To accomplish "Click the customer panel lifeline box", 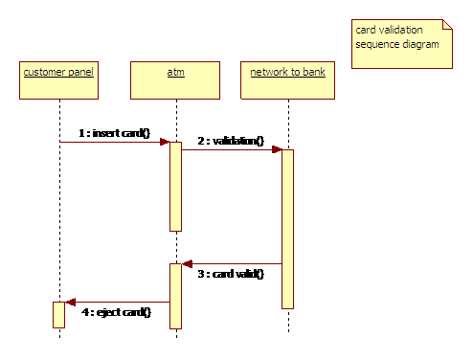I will (x=58, y=80).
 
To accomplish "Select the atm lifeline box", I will (x=175, y=80).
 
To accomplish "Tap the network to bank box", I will (x=287, y=80).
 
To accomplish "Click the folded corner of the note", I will (x=445, y=26).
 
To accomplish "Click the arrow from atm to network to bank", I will (x=230, y=149).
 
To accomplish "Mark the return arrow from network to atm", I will (x=233, y=264).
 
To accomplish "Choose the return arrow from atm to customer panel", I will (x=117, y=303).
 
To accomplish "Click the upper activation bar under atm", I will (x=175, y=186).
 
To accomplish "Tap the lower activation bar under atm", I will (x=175, y=296).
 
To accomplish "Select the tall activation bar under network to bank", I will (x=287, y=229).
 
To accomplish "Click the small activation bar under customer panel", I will (x=58, y=315).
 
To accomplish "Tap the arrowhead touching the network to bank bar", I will (x=277, y=149).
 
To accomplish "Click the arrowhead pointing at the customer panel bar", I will (x=70, y=303).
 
